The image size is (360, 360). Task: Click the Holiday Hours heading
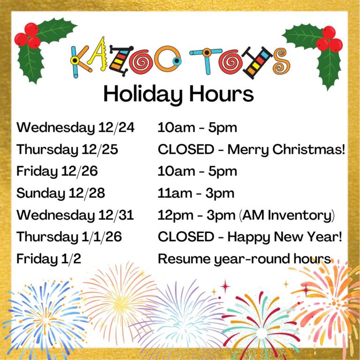click(x=179, y=94)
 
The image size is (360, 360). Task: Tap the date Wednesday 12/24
click(x=75, y=127)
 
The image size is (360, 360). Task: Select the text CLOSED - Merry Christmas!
click(x=252, y=150)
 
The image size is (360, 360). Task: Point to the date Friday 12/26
click(x=57, y=172)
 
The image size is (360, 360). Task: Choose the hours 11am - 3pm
click(x=196, y=193)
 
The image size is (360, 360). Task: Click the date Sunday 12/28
click(x=60, y=193)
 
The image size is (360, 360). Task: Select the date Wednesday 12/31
click(x=75, y=215)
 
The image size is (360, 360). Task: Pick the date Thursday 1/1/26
click(x=69, y=237)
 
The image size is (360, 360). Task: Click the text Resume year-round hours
click(x=244, y=259)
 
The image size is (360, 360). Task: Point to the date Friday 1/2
click(x=49, y=259)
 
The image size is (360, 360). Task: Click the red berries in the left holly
click(x=27, y=36)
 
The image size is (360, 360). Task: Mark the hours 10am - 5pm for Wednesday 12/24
click(x=197, y=127)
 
